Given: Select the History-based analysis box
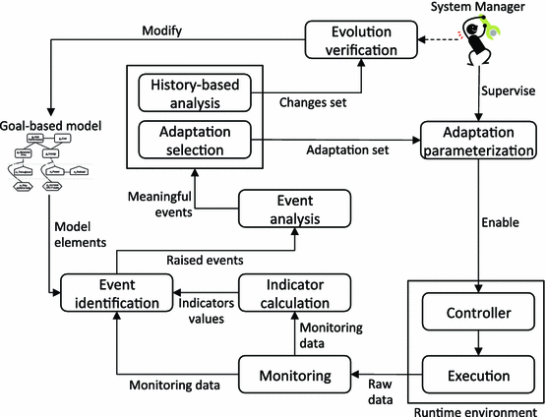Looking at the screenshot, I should pos(197,92).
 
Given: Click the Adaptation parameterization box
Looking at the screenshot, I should pos(478,141).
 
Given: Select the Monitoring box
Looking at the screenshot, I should pos(295,376).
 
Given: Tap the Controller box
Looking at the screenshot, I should pos(477,315).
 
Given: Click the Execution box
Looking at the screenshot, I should pos(477,375).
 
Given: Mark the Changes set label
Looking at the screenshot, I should pos(317,101).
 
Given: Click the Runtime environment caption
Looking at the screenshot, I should pos(477,409).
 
